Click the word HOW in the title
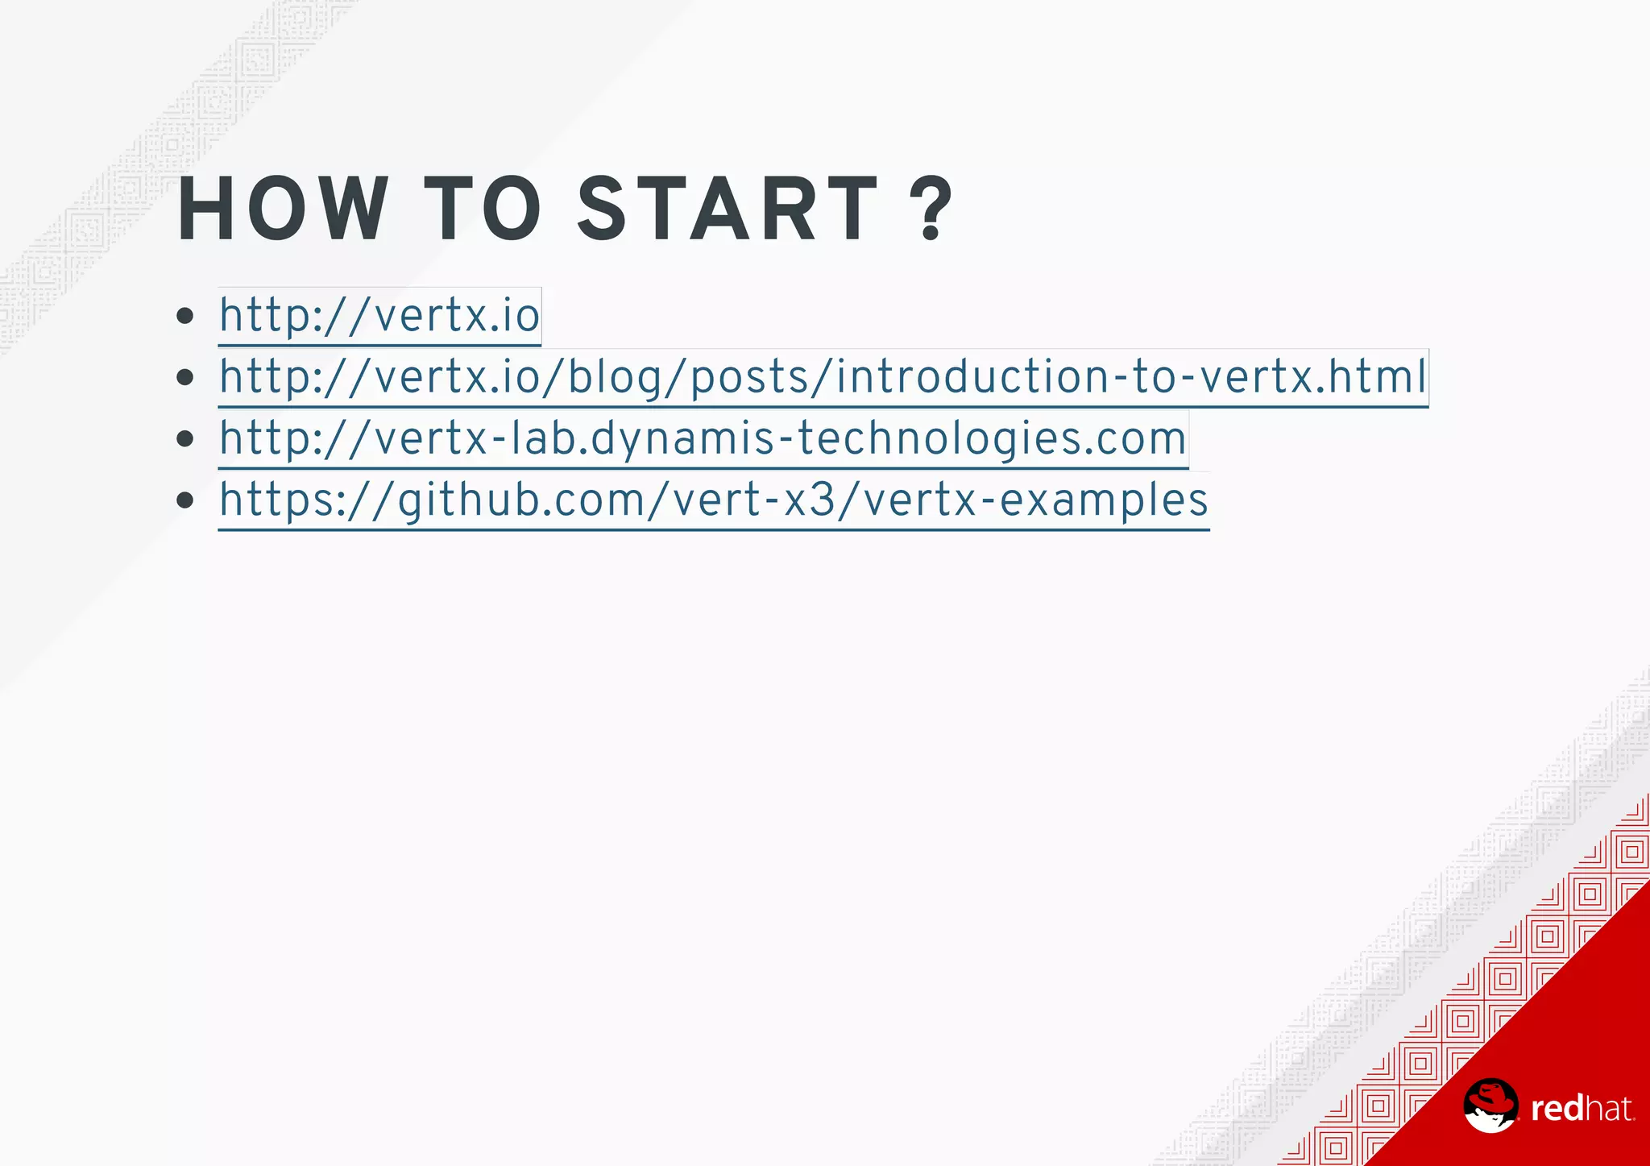282,209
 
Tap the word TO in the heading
483,209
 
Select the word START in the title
728,209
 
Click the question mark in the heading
934,210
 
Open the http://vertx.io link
379,315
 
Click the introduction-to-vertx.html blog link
823,377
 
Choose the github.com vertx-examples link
713,500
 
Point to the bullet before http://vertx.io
185,315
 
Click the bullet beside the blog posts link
185,377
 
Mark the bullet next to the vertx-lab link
185,439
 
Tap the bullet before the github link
185,500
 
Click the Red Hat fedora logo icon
1490,1106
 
